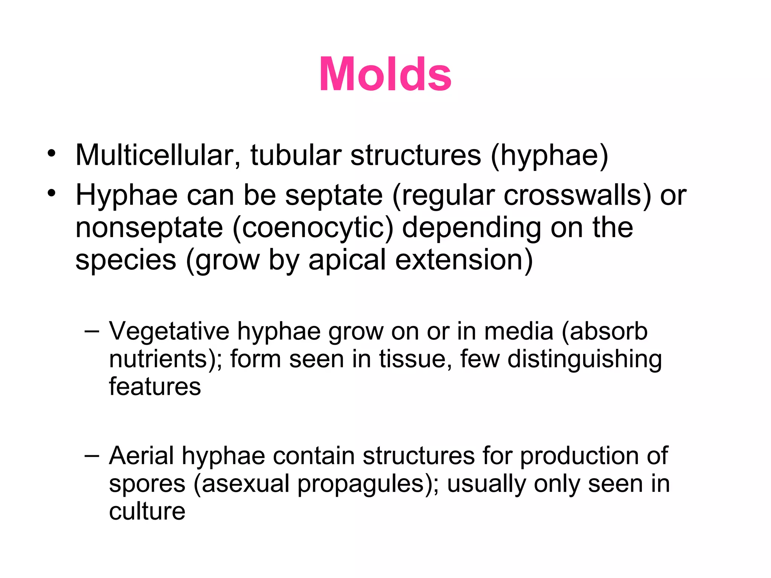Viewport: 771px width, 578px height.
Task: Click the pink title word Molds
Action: pos(385,74)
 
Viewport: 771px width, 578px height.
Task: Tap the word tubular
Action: pos(296,155)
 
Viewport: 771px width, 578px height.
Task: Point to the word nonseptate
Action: pos(149,228)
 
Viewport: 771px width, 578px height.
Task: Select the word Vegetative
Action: pos(169,332)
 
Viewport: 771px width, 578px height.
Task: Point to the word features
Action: pos(155,387)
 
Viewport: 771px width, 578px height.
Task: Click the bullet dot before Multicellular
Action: pos(52,154)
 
